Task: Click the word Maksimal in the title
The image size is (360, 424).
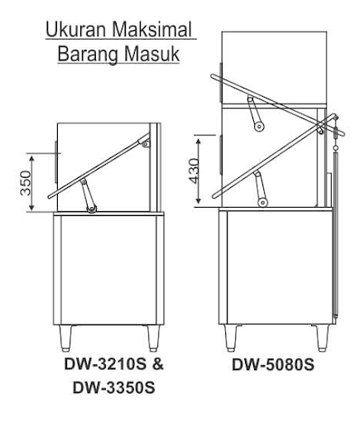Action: tap(152, 30)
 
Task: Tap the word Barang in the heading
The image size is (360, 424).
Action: tap(89, 55)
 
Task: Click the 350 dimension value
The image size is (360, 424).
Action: tap(26, 183)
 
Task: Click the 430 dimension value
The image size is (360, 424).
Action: tap(194, 171)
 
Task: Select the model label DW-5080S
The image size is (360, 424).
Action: tap(273, 364)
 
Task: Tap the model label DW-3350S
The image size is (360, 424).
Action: tap(113, 388)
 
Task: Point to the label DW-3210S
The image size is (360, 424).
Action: tap(105, 364)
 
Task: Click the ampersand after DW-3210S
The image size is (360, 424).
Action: tap(158, 364)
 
